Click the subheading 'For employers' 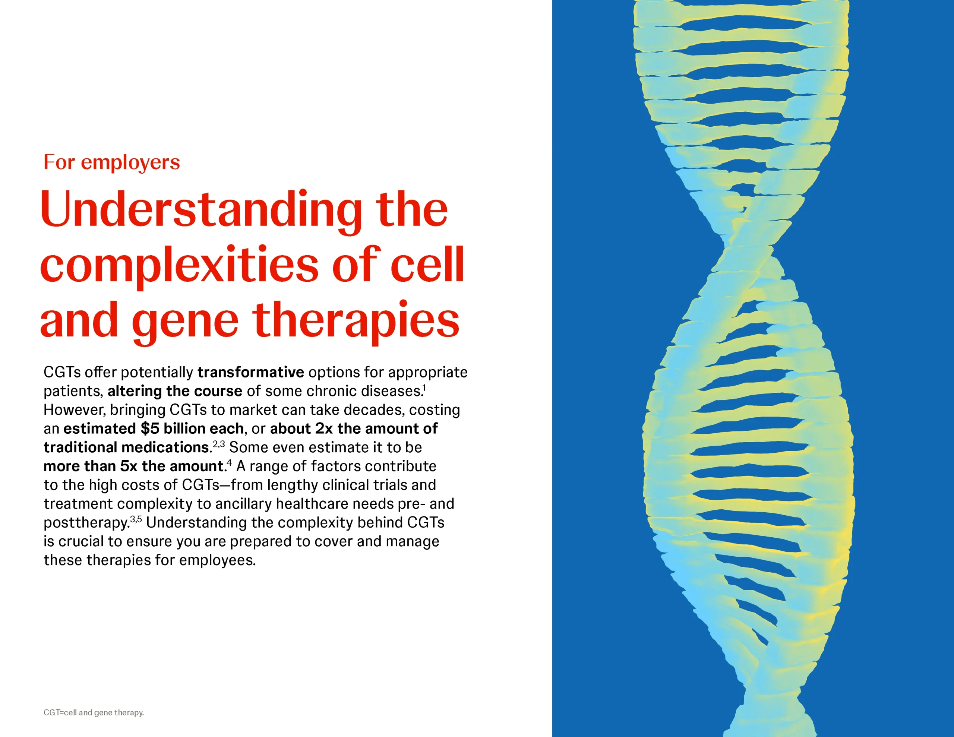pos(112,162)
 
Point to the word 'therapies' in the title pos(356,321)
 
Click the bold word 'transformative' pos(251,372)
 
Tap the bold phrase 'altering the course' pos(175,391)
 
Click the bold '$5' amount pos(150,428)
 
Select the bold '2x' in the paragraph pos(324,428)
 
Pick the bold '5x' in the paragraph pos(129,466)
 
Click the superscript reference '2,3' pos(219,444)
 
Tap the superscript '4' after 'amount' pos(229,463)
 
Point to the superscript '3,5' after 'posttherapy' pos(136,519)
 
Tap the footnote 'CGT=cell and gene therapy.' pos(94,712)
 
